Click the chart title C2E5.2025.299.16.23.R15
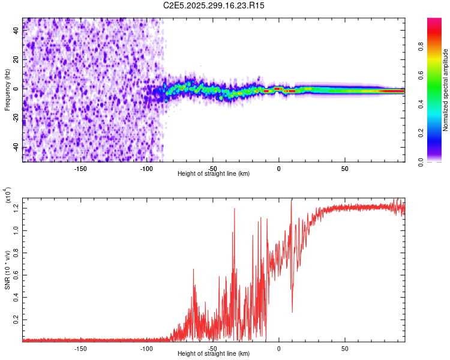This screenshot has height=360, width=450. click(214, 5)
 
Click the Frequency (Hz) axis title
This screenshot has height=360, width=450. click(8, 89)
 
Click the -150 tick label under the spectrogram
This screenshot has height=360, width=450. click(80, 168)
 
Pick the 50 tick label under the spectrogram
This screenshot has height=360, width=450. click(344, 168)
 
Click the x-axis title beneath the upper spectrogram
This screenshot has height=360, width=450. click(214, 174)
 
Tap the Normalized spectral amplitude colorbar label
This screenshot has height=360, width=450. click(446, 90)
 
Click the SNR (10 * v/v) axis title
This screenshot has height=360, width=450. click(8, 269)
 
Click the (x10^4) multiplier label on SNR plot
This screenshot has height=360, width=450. click(8, 196)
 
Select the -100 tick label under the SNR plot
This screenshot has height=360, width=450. click(146, 348)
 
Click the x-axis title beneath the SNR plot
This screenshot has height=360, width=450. click(214, 354)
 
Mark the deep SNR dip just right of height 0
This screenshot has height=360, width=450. click(292, 311)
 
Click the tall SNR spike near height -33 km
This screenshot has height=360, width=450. click(235, 209)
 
